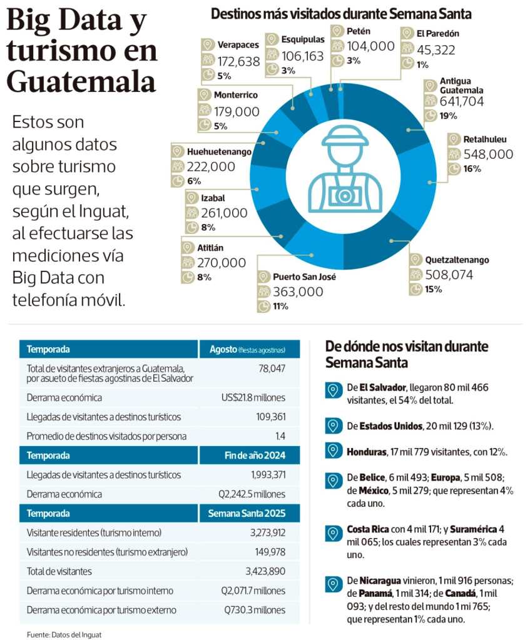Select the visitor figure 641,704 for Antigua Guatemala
[462, 101]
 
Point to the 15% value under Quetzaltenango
[434, 289]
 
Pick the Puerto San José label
[304, 277]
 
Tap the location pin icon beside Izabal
[191, 198]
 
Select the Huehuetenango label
[219, 151]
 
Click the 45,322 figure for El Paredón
[436, 50]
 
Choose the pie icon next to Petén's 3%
[338, 61]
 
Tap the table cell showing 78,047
[272, 369]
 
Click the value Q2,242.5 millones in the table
[252, 494]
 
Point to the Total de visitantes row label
[59, 571]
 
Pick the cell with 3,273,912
[268, 532]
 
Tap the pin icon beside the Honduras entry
[334, 451]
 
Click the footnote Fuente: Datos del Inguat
[64, 634]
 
